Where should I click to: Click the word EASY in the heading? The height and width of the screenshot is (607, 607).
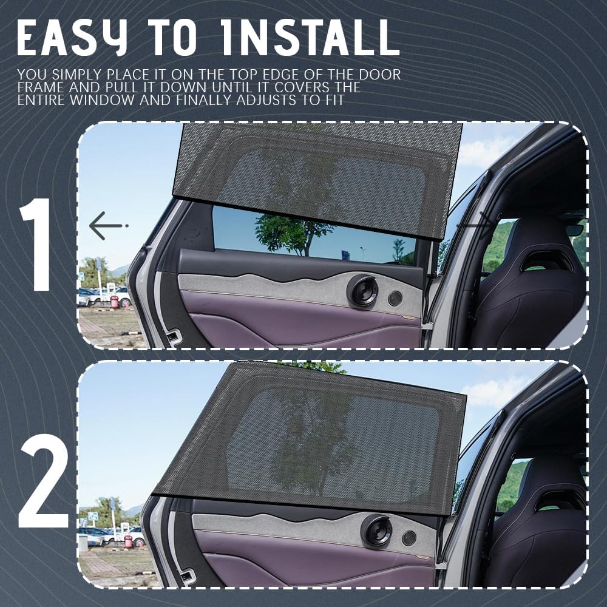point(72,37)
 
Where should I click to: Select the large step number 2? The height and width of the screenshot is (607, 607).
point(43,480)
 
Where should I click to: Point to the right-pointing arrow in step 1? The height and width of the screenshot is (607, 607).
point(476,225)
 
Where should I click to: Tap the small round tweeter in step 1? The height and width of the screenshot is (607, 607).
point(395,299)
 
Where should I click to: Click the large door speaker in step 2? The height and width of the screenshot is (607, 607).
point(376,531)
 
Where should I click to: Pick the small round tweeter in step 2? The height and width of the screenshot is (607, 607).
point(409,538)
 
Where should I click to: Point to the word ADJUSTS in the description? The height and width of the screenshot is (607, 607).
point(267,100)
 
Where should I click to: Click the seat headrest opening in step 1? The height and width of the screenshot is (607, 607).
point(546,261)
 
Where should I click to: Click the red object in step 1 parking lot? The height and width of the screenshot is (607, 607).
point(114,301)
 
